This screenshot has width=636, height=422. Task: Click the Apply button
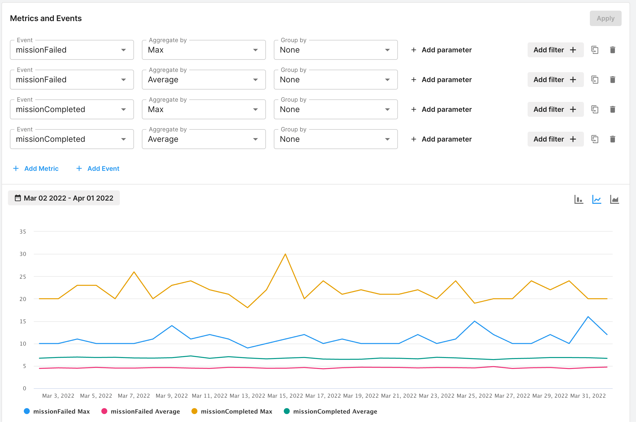point(605,18)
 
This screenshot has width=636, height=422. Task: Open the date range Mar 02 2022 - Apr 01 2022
point(64,198)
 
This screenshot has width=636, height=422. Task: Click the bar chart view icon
point(579,199)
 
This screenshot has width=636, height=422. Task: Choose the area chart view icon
point(614,199)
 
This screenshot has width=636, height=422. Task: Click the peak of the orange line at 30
point(285,254)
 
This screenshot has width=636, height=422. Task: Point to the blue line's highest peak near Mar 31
point(588,317)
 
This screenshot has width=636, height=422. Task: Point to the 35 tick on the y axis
point(23,231)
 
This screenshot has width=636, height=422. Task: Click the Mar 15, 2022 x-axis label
point(285,396)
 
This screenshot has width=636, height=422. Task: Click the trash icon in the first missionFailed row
point(613,50)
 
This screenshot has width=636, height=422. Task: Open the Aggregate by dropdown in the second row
point(204,80)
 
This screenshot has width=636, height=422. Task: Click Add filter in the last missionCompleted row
point(555,139)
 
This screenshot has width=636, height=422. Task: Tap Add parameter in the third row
point(442,109)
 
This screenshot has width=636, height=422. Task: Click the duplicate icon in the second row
point(595,80)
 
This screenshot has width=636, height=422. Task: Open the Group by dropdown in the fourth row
point(336,139)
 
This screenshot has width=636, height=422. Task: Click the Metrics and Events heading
point(46,18)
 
